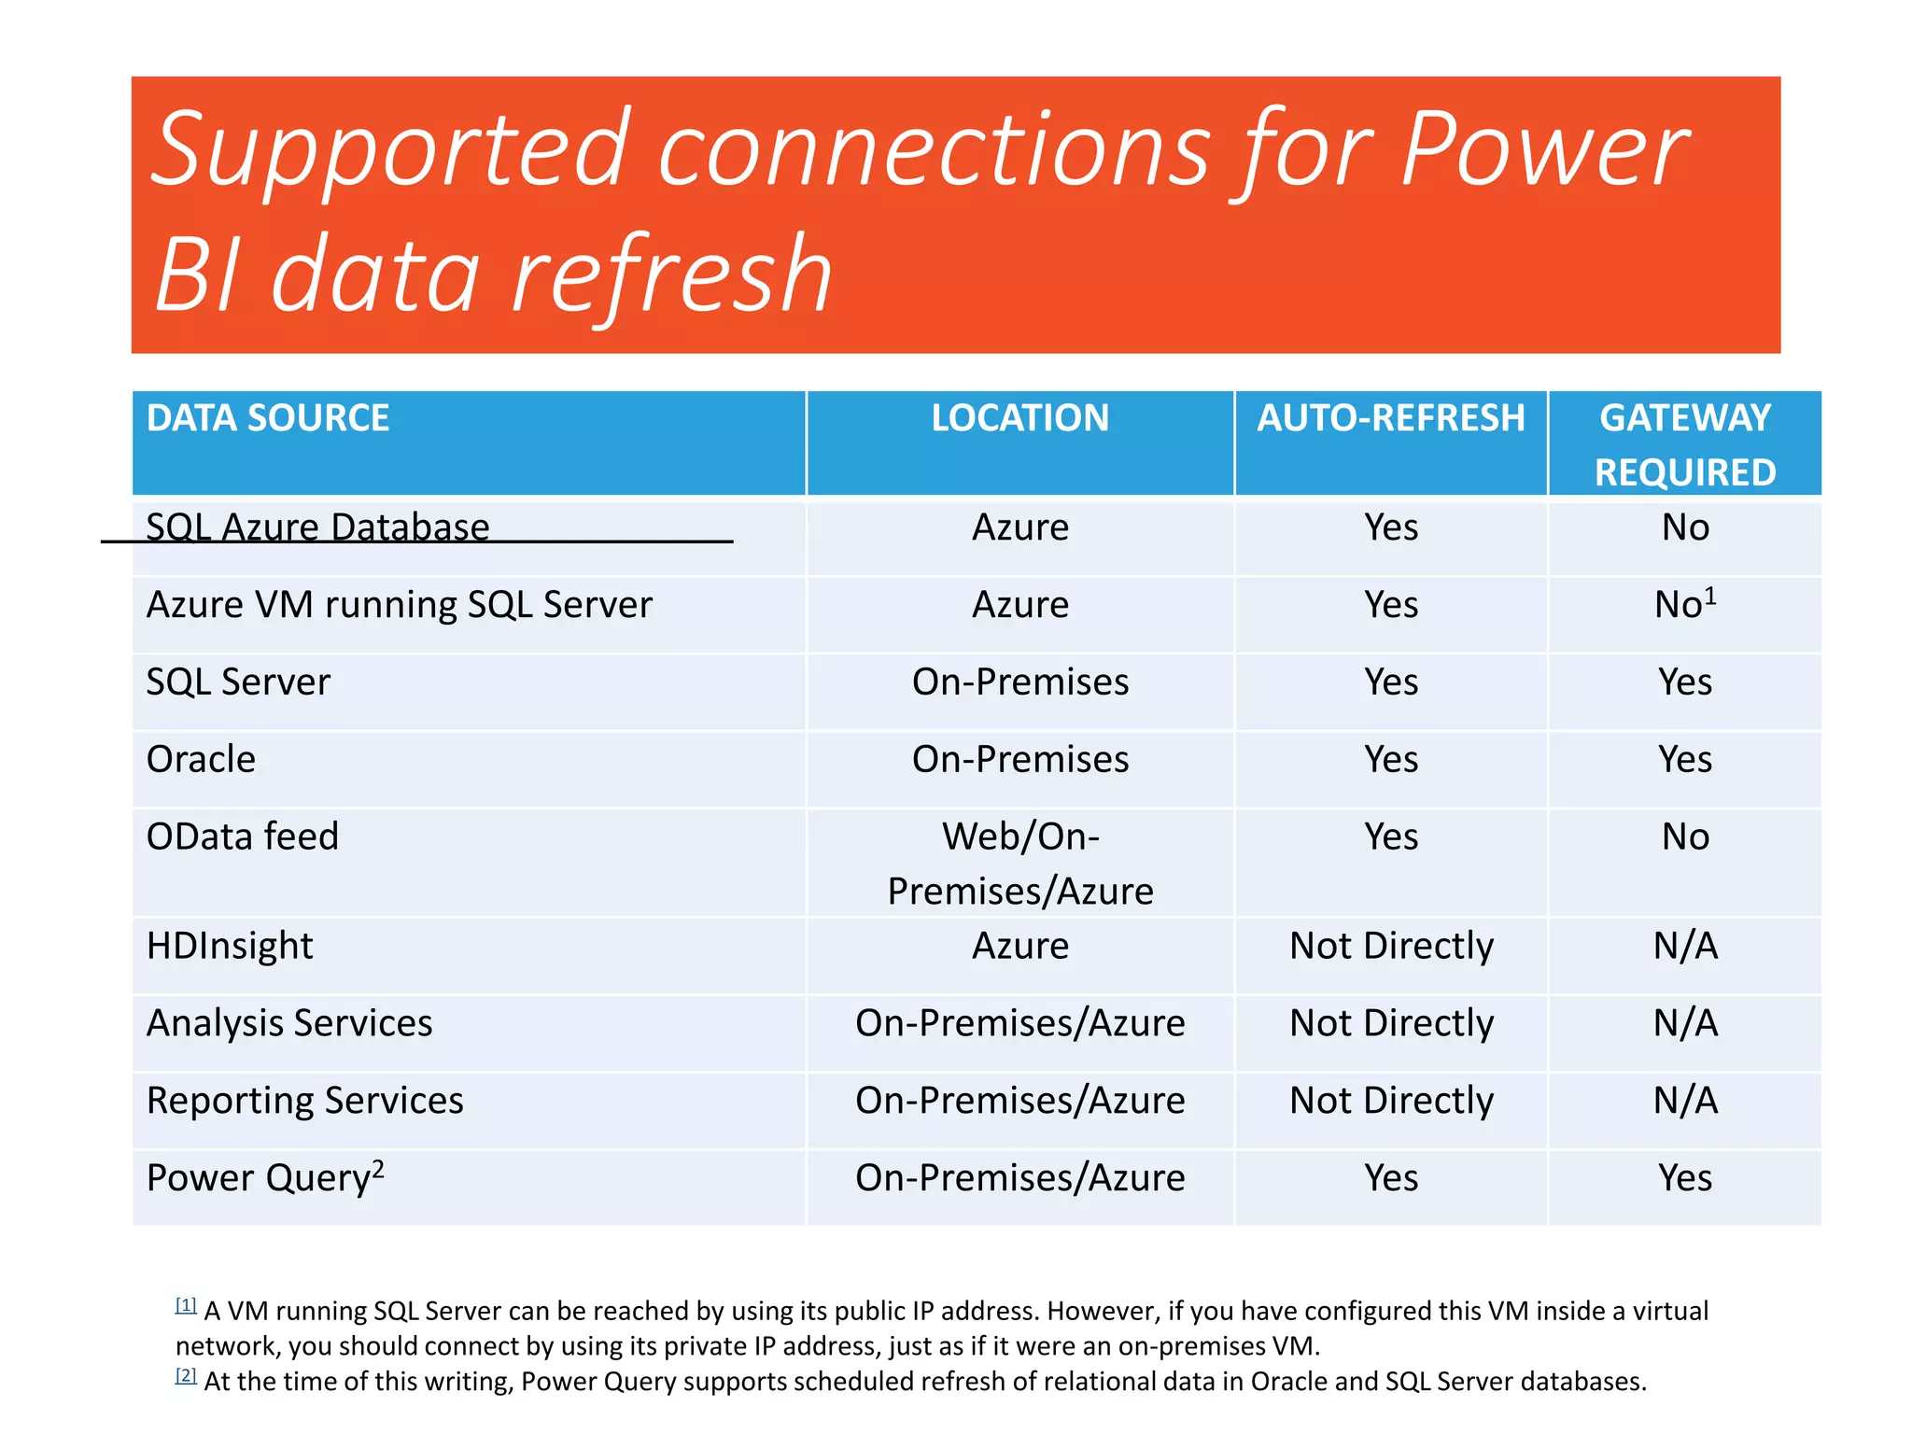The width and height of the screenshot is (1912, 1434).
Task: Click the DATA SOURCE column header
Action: tap(268, 418)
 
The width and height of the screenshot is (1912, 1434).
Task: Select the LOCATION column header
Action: tap(1019, 418)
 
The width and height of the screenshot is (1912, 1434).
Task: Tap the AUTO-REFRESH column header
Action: tap(1390, 418)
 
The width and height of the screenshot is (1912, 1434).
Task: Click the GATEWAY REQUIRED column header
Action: tap(1684, 444)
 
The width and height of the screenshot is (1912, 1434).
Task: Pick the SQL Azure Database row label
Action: tap(317, 527)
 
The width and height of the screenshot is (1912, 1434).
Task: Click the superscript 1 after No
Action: tap(1710, 595)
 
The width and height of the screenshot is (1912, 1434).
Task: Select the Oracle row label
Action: tap(201, 759)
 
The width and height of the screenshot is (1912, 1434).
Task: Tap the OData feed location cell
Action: tap(1019, 864)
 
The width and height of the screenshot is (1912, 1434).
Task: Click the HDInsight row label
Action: tap(230, 946)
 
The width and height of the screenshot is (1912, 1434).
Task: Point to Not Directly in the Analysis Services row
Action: tap(1390, 1023)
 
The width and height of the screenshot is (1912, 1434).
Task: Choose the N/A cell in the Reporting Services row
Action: tap(1684, 1101)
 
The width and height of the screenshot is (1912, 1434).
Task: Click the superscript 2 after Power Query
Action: tap(378, 1168)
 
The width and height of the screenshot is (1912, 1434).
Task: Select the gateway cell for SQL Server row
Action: tap(1684, 682)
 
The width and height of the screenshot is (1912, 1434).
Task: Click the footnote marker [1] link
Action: tap(186, 1305)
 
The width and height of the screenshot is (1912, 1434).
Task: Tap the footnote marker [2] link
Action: tap(186, 1375)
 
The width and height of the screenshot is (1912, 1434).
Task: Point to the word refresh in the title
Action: tap(671, 275)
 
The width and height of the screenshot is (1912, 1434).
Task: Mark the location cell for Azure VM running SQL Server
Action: tap(1019, 605)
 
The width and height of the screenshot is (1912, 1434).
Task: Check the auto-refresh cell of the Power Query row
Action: tap(1390, 1178)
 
